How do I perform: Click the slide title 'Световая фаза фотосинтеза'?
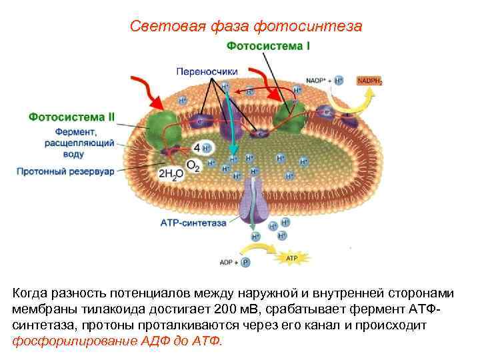coord(246,26)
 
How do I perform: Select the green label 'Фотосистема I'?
coord(268,47)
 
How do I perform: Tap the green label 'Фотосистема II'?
coord(71,116)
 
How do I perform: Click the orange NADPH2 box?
coord(369,81)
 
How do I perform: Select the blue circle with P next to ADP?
coord(245,263)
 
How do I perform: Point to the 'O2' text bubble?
coord(192,165)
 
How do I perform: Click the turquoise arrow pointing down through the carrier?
coord(229,120)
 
